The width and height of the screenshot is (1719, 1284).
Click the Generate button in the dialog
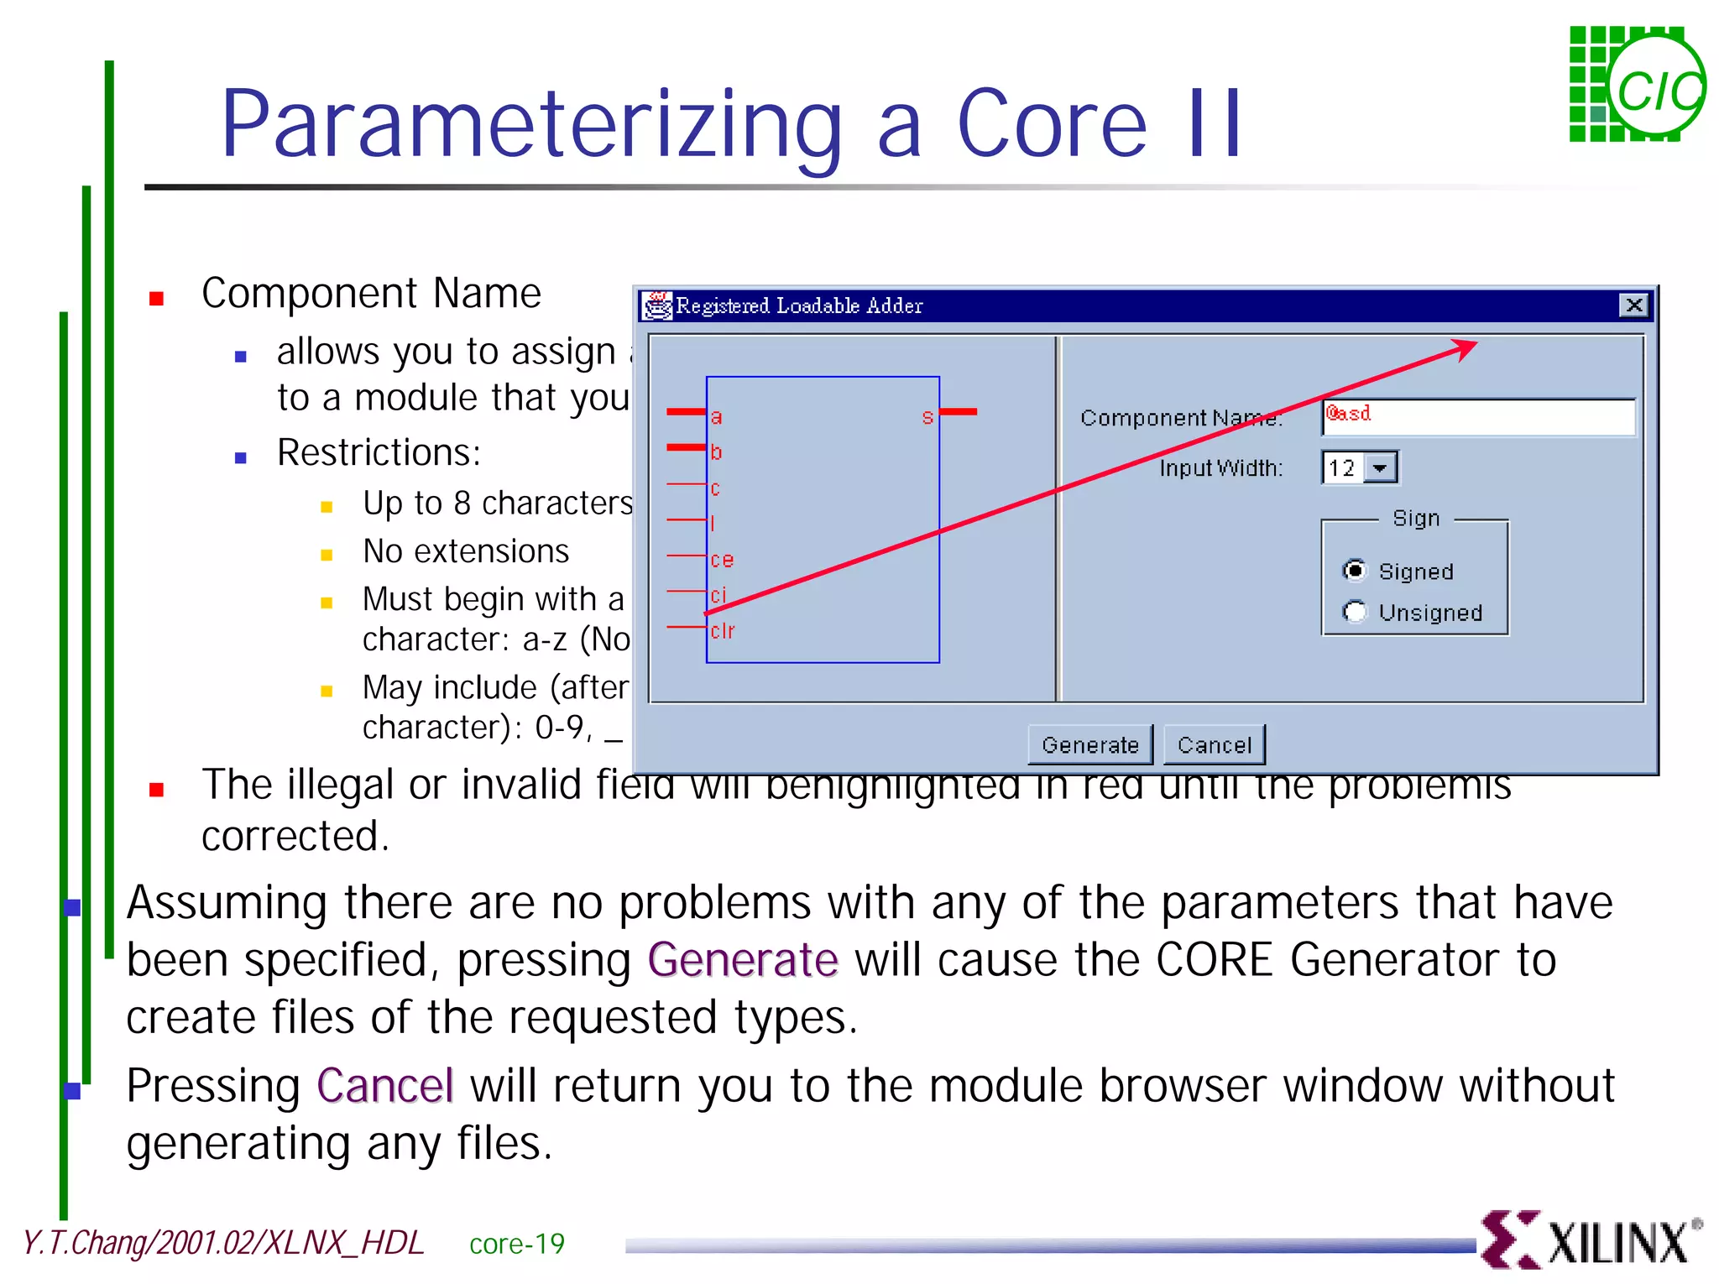coord(1089,745)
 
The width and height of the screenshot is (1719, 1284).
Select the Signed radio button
coord(1354,571)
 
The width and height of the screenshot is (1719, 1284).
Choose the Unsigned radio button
coord(1354,612)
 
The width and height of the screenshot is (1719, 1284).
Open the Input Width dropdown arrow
coord(1380,468)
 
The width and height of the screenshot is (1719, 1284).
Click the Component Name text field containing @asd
coord(1477,417)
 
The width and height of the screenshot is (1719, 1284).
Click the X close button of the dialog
coord(1633,305)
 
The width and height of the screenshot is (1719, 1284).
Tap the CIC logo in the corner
coord(1637,85)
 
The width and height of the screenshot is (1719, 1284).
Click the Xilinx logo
coord(1591,1240)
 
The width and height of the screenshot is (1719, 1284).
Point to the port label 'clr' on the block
coord(722,630)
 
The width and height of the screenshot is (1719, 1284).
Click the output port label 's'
coord(927,417)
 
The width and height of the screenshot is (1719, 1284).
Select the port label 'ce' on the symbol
coord(721,560)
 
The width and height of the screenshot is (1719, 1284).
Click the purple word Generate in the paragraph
coord(743,960)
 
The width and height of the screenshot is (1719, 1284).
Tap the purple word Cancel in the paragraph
coord(385,1086)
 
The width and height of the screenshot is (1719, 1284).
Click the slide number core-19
coord(516,1244)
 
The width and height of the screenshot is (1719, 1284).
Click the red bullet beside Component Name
coord(156,299)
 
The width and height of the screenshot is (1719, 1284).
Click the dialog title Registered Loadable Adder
coord(799,306)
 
